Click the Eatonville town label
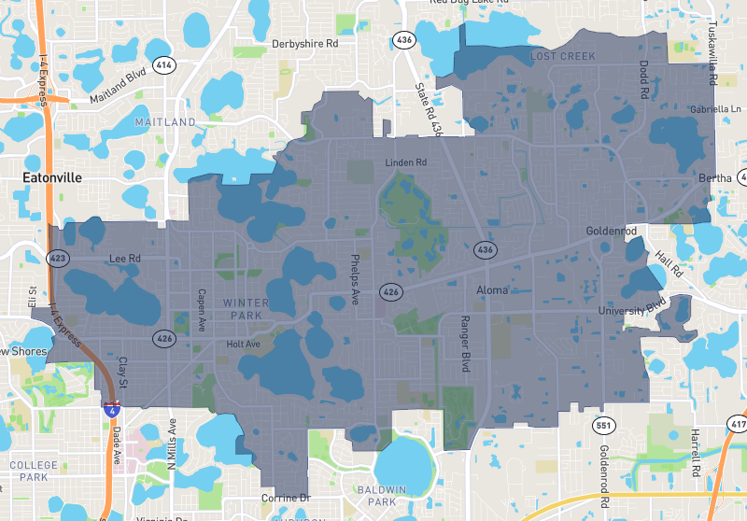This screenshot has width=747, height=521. click(52, 176)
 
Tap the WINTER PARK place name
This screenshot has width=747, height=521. click(247, 309)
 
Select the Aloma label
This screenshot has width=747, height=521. click(492, 290)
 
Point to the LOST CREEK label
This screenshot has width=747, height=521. click(563, 57)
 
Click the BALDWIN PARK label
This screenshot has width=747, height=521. click(382, 496)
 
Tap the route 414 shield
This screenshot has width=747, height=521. click(164, 65)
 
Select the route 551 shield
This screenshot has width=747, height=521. click(603, 426)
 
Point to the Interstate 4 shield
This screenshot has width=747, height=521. click(111, 408)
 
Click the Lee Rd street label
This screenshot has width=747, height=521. click(123, 259)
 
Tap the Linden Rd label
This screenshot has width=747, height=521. click(405, 163)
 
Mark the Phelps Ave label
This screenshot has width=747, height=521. click(355, 278)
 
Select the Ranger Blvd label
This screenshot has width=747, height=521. click(464, 345)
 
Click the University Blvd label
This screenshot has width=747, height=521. click(633, 309)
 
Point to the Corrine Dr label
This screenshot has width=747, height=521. click(285, 498)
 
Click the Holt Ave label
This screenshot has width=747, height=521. click(243, 345)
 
